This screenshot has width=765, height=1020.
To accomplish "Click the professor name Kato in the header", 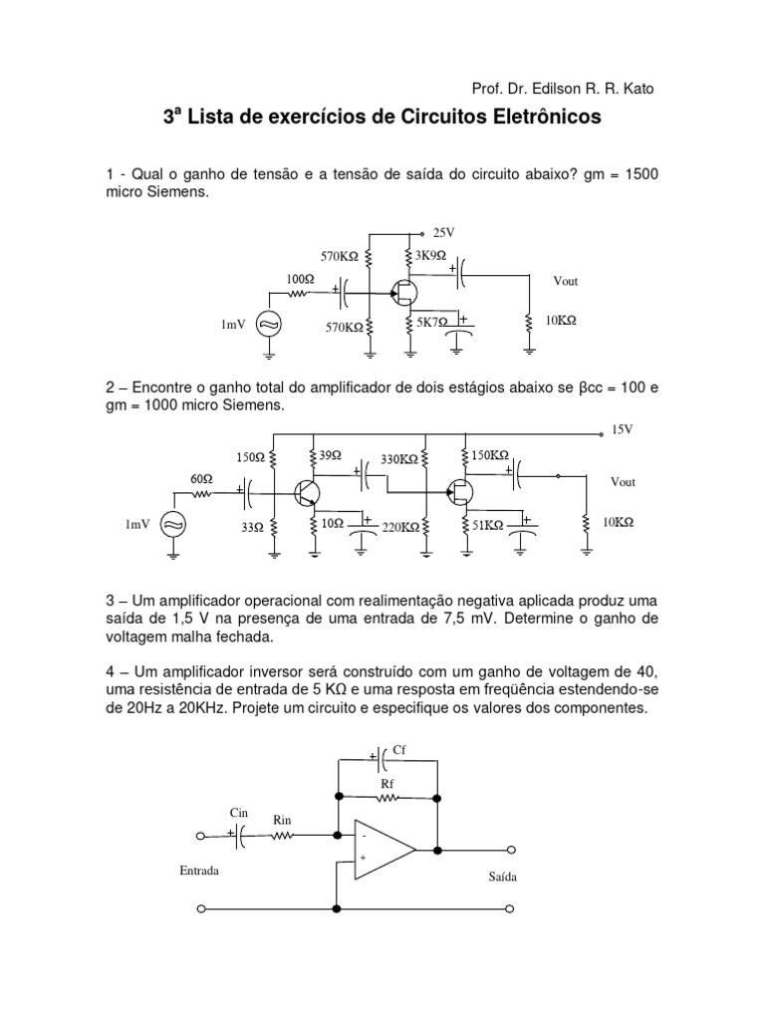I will pos(637,89).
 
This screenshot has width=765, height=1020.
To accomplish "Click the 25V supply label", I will pos(443,232).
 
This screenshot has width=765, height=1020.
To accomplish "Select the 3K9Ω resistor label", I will pos(430,255).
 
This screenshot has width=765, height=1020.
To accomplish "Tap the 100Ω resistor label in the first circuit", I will pos(301,280).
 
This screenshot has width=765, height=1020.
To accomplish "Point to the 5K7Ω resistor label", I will pos(433,323).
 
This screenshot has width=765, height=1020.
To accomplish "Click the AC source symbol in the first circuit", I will pos(268,324).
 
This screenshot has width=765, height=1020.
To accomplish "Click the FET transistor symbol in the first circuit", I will pos(403,292).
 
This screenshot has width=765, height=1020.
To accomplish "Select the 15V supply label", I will pos(622,429).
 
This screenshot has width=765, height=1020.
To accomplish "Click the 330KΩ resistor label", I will pos(399,459).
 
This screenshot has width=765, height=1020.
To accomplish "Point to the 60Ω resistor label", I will pos(202,478).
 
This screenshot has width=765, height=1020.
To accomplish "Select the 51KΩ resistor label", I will pos(487,524).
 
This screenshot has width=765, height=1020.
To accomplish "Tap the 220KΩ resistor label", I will pos(400,528).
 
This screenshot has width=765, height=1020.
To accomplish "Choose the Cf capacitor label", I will pos(399,748).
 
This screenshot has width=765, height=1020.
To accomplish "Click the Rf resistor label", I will pos(388,784).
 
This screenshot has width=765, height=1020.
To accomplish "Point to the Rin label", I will pos(283,820).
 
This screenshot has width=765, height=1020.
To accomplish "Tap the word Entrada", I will pos(199,870).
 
